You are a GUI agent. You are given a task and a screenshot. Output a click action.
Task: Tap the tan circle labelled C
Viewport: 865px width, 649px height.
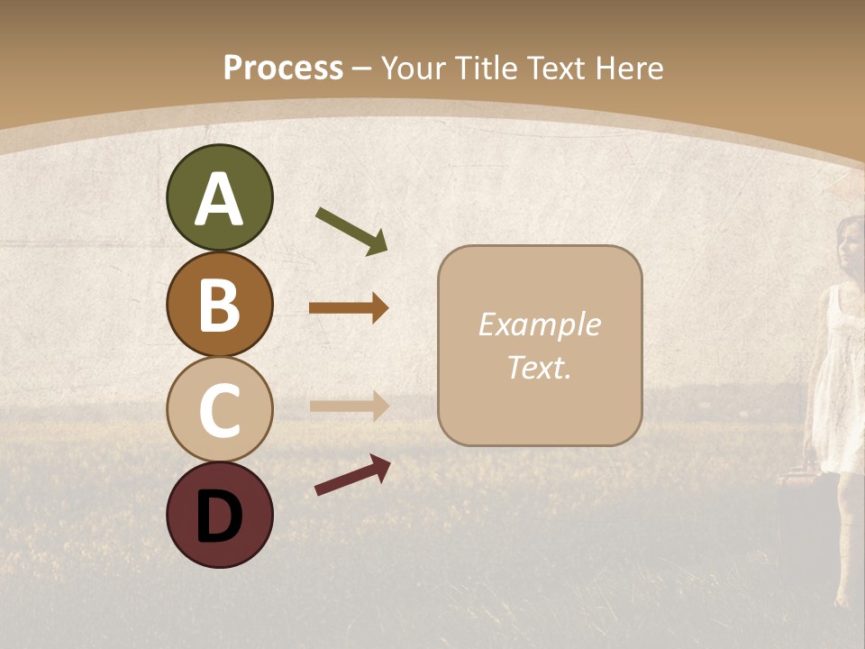(219, 410)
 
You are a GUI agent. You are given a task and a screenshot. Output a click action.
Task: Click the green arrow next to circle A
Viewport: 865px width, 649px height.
(351, 231)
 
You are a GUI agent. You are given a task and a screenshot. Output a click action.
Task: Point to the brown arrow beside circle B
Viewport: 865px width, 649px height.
(349, 308)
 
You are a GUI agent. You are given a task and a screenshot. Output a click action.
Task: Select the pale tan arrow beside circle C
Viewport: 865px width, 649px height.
(349, 406)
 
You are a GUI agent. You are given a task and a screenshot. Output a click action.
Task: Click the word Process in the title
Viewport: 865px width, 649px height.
(283, 68)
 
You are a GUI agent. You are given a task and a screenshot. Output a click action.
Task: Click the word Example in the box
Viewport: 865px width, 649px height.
(539, 324)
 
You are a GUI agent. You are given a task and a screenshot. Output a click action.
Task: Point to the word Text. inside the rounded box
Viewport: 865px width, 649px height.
(539, 367)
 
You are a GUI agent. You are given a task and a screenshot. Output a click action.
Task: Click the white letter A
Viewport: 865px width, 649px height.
(219, 200)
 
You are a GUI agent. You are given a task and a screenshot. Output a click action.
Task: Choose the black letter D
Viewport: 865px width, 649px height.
(219, 516)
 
